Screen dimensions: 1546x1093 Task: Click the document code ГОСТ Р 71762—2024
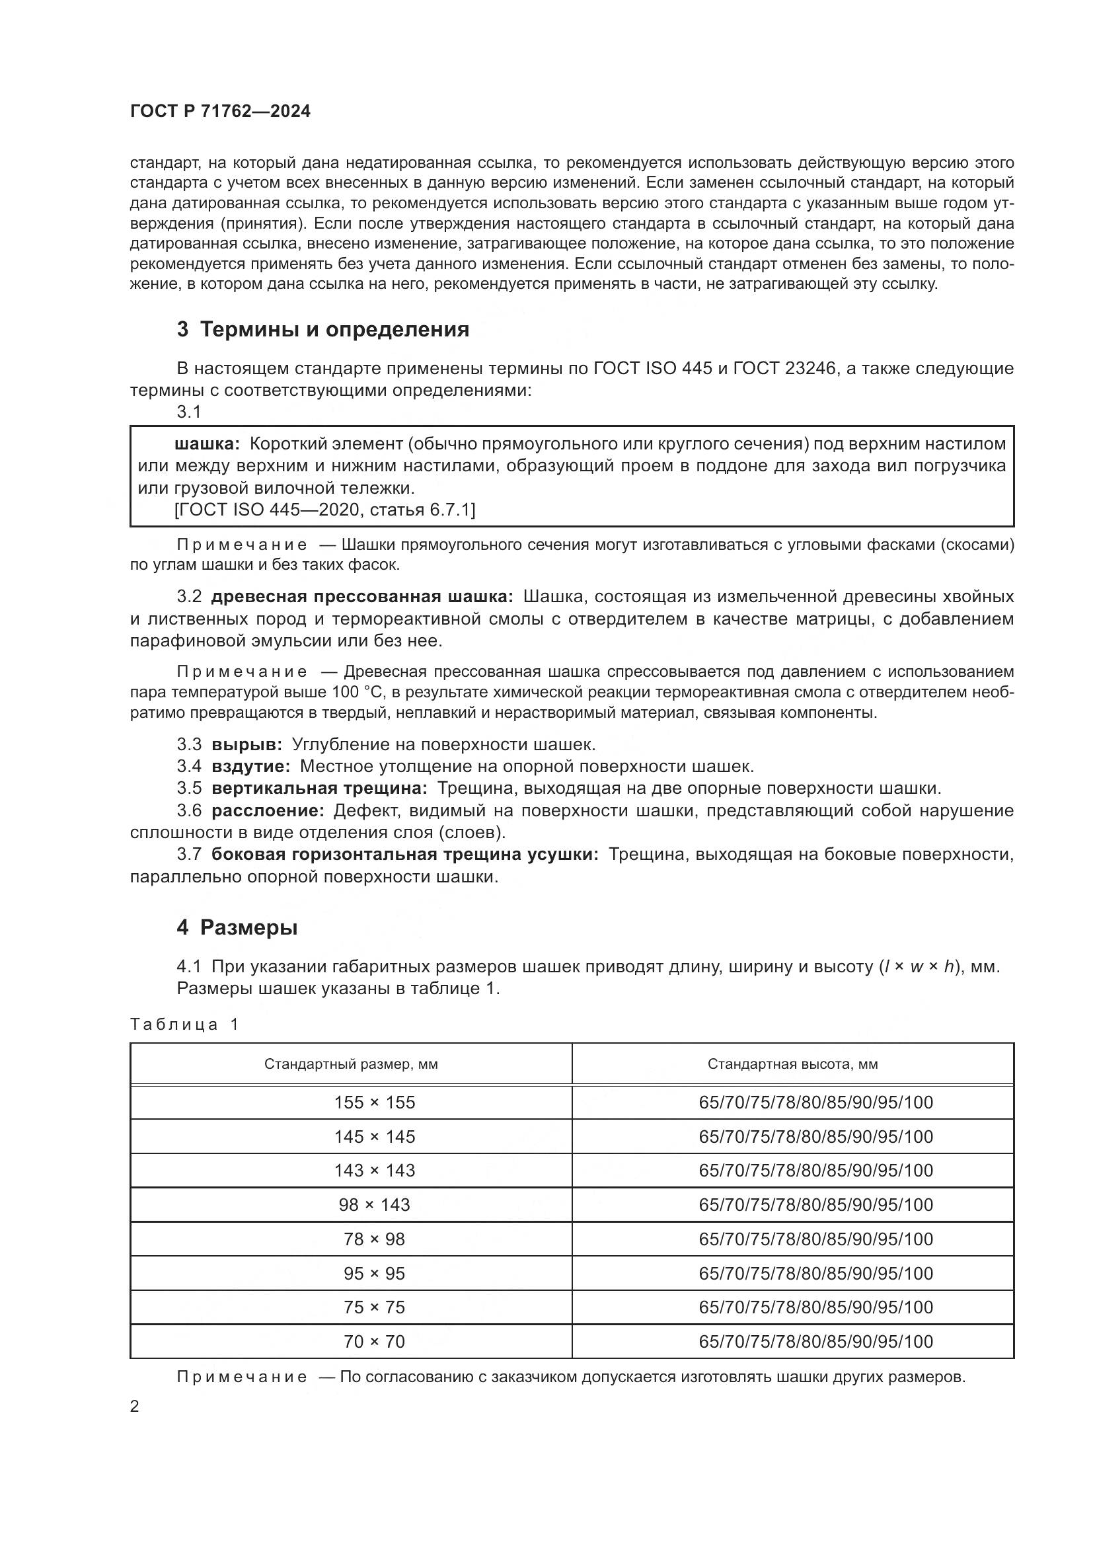(x=220, y=112)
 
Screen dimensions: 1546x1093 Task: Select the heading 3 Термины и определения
(x=323, y=330)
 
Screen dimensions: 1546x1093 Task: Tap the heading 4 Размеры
(x=237, y=928)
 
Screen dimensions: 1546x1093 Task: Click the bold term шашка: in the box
(x=207, y=444)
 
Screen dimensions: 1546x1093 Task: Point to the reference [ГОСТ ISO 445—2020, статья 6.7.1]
(x=324, y=510)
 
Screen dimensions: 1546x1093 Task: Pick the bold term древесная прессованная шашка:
(x=362, y=597)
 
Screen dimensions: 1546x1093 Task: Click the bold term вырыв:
(x=247, y=745)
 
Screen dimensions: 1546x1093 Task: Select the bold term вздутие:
(x=250, y=766)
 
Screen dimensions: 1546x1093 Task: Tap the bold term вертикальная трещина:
(x=319, y=789)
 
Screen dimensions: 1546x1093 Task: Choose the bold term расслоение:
(x=268, y=811)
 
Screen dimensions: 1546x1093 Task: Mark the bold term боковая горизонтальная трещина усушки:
(x=404, y=855)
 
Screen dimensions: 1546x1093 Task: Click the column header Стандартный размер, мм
(x=351, y=1065)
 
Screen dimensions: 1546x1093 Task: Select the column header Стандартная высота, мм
(x=792, y=1065)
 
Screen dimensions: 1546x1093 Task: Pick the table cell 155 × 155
(x=374, y=1103)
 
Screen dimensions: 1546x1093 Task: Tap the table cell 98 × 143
(x=374, y=1205)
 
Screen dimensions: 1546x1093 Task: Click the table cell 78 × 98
(x=374, y=1239)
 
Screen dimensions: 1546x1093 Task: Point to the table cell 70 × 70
(x=374, y=1341)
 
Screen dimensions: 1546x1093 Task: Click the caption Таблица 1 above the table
(x=184, y=1025)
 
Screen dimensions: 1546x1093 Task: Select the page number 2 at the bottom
(x=135, y=1407)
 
